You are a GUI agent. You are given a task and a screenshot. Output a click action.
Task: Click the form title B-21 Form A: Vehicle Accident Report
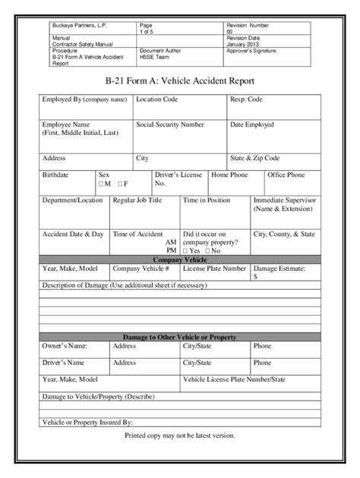tap(179, 80)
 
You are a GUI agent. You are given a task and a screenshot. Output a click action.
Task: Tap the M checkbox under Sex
tap(100, 184)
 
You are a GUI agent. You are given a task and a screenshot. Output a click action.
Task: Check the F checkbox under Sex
tap(119, 184)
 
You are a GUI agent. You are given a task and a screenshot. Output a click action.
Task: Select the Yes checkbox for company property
tap(186, 250)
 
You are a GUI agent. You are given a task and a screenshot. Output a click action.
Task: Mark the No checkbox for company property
tap(207, 250)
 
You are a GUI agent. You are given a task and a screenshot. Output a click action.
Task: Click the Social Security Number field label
tap(170, 124)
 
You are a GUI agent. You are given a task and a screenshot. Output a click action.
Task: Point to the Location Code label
tap(156, 99)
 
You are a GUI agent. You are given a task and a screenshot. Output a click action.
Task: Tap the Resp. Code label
tap(246, 99)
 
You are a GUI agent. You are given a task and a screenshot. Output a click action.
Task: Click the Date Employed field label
tap(252, 124)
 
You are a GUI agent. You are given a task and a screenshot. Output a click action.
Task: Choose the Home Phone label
tap(229, 175)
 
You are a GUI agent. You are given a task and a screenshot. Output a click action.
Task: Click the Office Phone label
tap(286, 175)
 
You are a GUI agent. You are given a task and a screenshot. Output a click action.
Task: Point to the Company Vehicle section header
tap(179, 259)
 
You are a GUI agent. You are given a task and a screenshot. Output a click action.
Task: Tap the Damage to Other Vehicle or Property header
tap(179, 337)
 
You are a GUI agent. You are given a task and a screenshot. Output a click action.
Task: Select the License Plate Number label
tap(214, 268)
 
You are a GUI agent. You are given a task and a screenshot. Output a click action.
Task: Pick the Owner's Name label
tap(65, 345)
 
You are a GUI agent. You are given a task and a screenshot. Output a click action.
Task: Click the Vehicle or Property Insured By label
tap(88, 422)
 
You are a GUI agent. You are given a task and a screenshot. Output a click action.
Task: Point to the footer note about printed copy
tap(179, 436)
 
